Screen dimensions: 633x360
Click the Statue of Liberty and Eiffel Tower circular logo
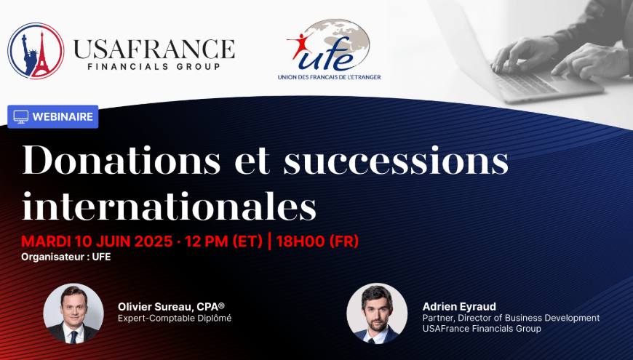pyautogui.click(x=36, y=51)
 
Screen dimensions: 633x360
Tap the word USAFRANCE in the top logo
pyautogui.click(x=154, y=49)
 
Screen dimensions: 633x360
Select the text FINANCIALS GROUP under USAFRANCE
pyautogui.click(x=154, y=67)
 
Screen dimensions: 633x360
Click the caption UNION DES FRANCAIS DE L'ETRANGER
pyautogui.click(x=330, y=76)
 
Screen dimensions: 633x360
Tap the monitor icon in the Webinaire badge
pyautogui.click(x=21, y=116)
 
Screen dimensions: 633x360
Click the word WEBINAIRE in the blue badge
pyautogui.click(x=63, y=116)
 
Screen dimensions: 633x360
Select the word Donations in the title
pyautogui.click(x=122, y=160)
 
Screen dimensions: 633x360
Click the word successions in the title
pyautogui.click(x=396, y=161)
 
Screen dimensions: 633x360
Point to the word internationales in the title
pyautogui.click(x=169, y=206)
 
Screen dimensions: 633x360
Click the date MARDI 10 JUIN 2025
pyautogui.click(x=97, y=241)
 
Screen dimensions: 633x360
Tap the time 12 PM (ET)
pyautogui.click(x=223, y=241)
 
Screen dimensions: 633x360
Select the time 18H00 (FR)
pyautogui.click(x=318, y=241)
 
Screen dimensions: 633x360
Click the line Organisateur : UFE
pyautogui.click(x=65, y=257)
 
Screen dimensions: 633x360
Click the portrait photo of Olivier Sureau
pyautogui.click(x=73, y=313)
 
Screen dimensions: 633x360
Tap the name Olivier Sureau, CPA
pyautogui.click(x=171, y=307)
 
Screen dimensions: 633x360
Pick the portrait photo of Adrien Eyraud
pyautogui.click(x=377, y=313)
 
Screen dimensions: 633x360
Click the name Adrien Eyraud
pyautogui.click(x=459, y=306)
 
